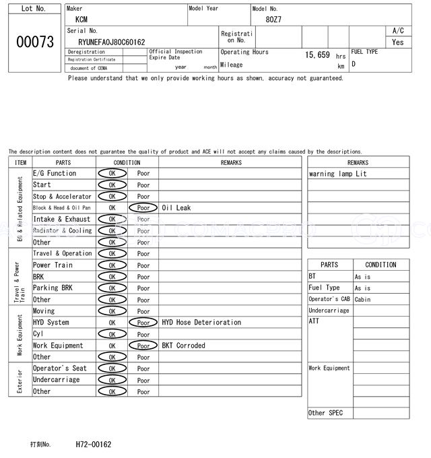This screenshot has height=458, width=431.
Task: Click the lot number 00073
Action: coord(34,42)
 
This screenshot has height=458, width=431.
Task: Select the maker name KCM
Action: coord(81,20)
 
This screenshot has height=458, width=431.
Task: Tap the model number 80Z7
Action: coord(273,20)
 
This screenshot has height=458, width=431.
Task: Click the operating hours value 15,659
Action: coord(317,55)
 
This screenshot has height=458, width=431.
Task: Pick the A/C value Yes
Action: coord(398,42)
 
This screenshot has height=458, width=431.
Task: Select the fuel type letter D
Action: coord(354,64)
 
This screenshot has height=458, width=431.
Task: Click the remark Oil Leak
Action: coord(176,208)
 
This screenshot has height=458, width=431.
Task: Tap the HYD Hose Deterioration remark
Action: coord(201,323)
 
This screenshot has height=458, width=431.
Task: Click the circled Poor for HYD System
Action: coord(143,323)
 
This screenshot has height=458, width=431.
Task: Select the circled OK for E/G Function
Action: coord(112,174)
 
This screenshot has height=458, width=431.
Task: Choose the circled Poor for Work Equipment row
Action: coord(143,346)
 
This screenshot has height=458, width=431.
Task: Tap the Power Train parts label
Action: coord(52,265)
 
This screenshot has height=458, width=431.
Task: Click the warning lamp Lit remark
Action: coord(338,174)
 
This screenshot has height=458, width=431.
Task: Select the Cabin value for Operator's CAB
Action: coord(362,299)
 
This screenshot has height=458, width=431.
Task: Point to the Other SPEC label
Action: coord(326,413)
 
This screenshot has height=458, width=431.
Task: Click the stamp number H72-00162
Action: coord(94,445)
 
